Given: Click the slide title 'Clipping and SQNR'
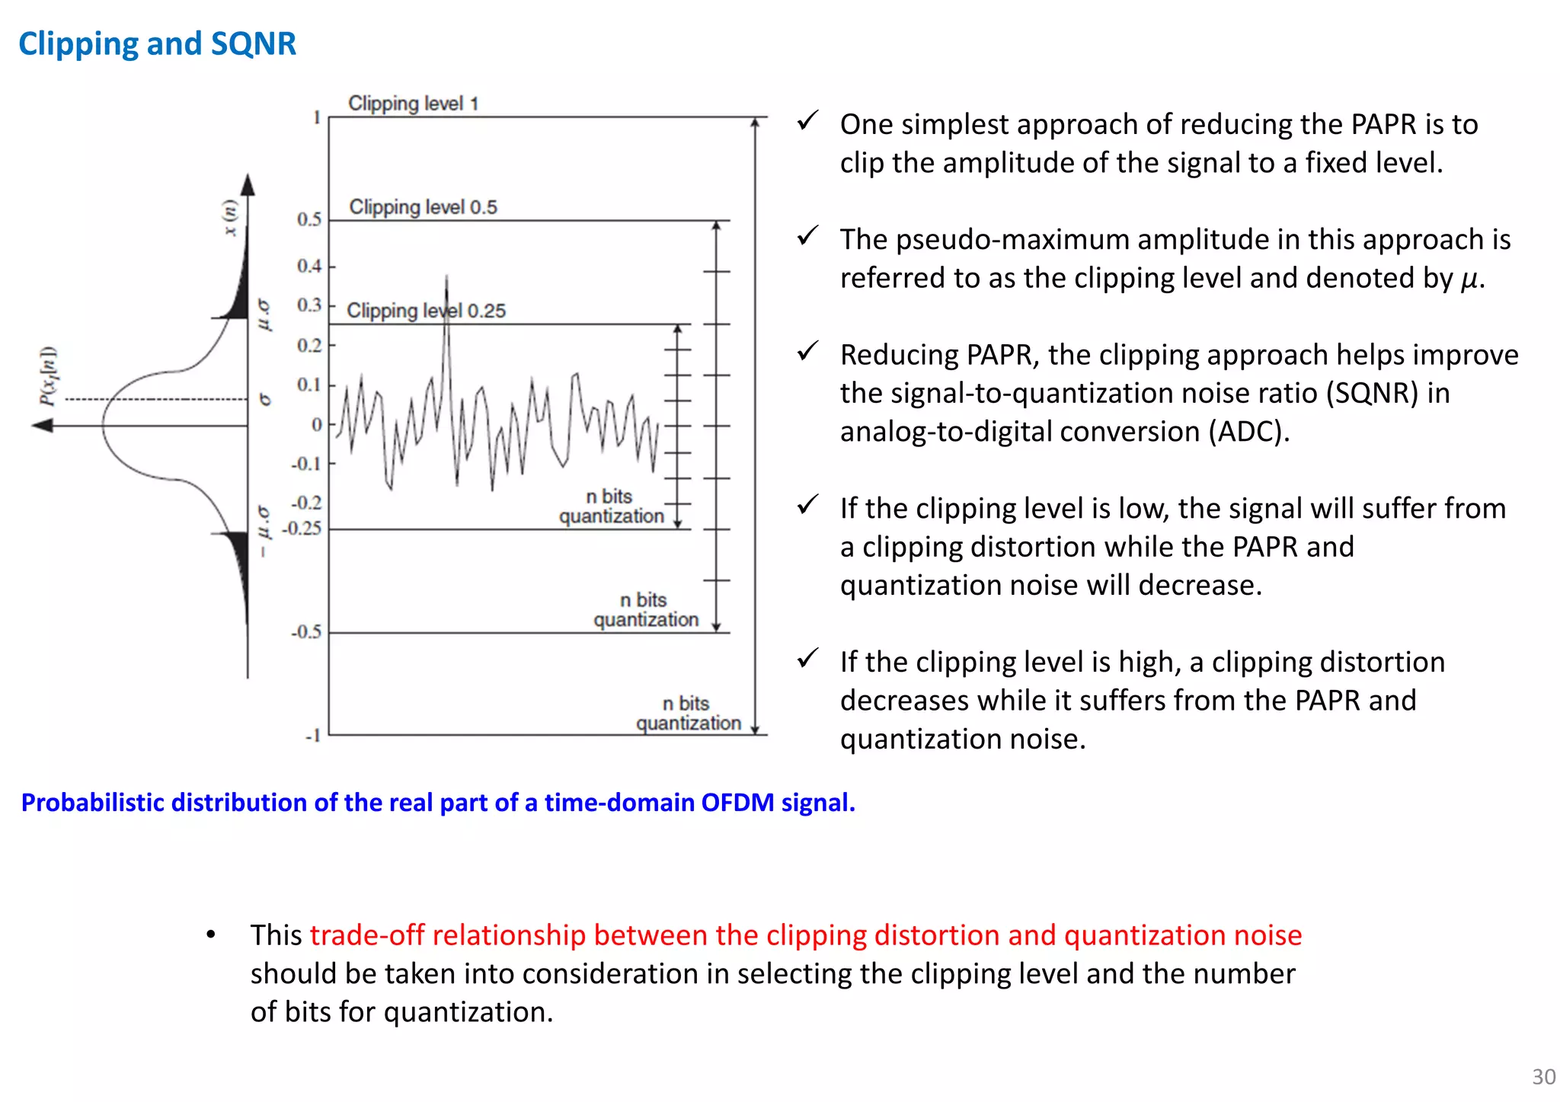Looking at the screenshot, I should pyautogui.click(x=157, y=43).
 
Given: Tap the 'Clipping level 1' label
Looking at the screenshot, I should pyautogui.click(x=413, y=103).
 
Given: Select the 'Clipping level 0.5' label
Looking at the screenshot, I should pyautogui.click(x=423, y=206).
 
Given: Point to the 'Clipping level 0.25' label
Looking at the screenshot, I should pyautogui.click(x=426, y=310).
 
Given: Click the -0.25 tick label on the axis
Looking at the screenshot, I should pyautogui.click(x=302, y=528).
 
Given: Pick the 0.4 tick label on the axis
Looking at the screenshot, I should pyautogui.click(x=309, y=266).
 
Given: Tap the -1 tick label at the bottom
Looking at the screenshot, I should pyautogui.click(x=312, y=736).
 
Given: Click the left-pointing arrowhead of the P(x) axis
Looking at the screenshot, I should pyautogui.click(x=42, y=425).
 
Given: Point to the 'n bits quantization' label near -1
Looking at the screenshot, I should pyautogui.click(x=688, y=713).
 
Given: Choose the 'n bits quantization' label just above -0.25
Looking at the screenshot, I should pyautogui.click(x=611, y=506).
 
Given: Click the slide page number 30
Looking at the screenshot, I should pyautogui.click(x=1543, y=1076).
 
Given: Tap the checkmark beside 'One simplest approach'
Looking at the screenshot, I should pyautogui.click(x=807, y=121).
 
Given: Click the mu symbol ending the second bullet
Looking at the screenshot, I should pyautogui.click(x=1469, y=279).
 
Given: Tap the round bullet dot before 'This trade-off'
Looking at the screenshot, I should pyautogui.click(x=211, y=934).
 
